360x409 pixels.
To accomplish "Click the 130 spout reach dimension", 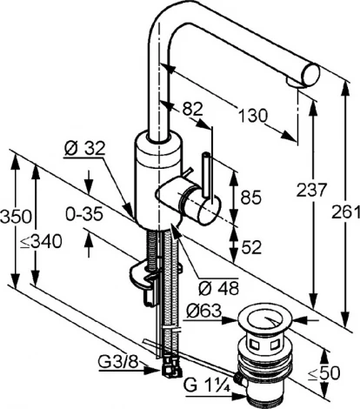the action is click(253, 116).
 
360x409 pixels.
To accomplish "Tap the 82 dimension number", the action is click(192, 110).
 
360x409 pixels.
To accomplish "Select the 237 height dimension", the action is click(311, 191).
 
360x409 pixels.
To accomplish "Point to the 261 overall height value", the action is click(346, 212).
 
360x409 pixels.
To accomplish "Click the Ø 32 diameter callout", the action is click(84, 149).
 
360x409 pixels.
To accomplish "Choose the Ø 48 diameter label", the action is click(219, 288).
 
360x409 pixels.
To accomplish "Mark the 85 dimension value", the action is click(251, 198).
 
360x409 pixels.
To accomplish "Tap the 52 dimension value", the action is click(251, 247).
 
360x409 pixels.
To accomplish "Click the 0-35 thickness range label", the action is click(84, 214).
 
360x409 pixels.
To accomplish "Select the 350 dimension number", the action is click(16, 217).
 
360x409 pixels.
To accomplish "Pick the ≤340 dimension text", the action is click(41, 241).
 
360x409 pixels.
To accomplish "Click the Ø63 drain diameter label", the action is click(204, 312).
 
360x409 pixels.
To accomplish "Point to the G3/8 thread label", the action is click(117, 363).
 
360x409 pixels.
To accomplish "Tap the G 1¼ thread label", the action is click(207, 386).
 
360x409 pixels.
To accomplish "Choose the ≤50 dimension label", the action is click(323, 373).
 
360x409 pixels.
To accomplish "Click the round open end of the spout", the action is click(310, 76).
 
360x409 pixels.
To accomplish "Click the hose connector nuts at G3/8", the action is click(170, 366).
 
